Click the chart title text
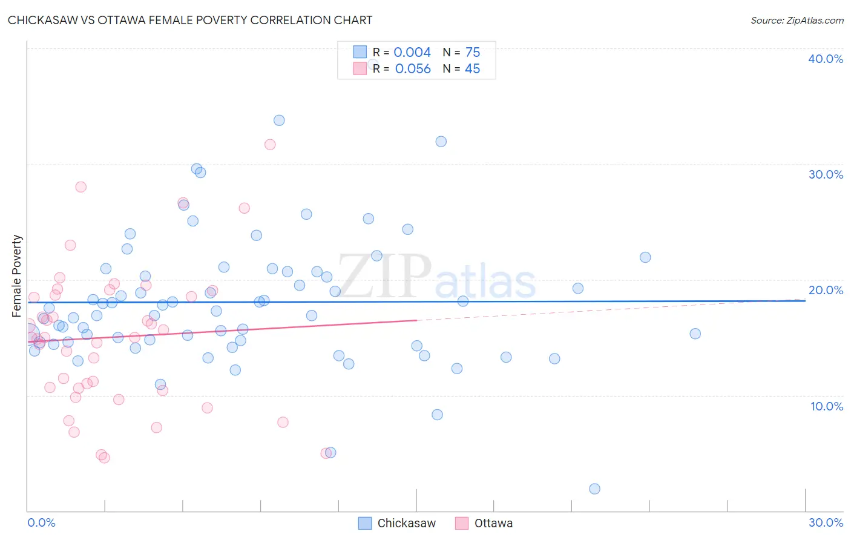pos(190,20)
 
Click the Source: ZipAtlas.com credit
pos(797,20)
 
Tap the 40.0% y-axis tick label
pos(825,59)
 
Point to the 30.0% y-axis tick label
pos(825,174)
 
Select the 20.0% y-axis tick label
pos(825,290)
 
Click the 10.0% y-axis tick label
pos(826,406)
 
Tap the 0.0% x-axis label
pos(41,522)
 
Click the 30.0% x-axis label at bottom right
pos(826,522)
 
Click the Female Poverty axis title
pos(17,276)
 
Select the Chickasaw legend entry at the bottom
pos(397,523)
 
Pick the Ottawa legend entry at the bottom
pos(484,523)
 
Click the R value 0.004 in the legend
pos(412,53)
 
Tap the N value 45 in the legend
pos(472,69)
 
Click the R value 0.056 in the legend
pos(413,69)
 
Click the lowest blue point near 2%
pos(594,489)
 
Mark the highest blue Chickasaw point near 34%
pos(279,120)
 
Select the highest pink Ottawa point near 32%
pos(270,144)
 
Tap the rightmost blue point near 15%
pos(695,334)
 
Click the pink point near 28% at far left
pos(80,186)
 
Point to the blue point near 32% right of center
pos(441,141)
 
